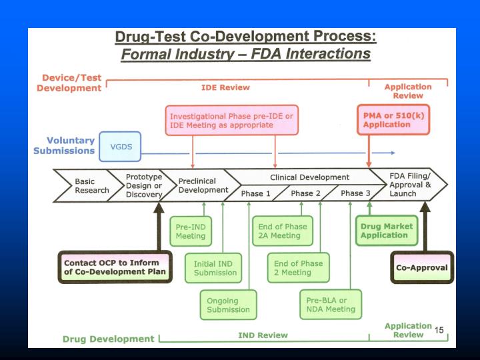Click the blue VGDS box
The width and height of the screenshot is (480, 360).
tap(121, 146)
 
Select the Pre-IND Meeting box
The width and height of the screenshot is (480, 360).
tap(190, 231)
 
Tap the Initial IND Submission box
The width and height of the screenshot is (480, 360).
tap(215, 267)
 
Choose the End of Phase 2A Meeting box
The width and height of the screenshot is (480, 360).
tap(283, 231)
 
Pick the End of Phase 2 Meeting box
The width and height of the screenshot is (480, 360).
tap(296, 267)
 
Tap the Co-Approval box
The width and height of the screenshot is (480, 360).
tap(421, 267)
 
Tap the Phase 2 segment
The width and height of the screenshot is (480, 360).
tap(306, 194)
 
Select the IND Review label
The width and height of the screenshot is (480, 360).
tap(263, 335)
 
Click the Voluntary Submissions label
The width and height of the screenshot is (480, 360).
tap(64, 145)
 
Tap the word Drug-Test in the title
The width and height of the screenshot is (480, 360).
tap(151, 37)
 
